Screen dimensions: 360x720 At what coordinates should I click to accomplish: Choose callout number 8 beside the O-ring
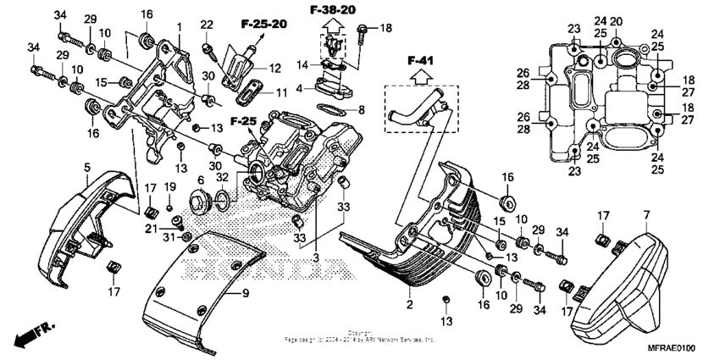pyautogui.click(x=362, y=109)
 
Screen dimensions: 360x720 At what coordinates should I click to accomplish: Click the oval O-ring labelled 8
pyautogui.click(x=332, y=109)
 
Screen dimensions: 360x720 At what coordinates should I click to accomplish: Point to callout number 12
pyautogui.click(x=274, y=67)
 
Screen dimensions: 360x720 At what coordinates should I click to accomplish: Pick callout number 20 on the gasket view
pyautogui.click(x=616, y=20)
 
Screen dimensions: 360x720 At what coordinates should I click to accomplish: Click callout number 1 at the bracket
pyautogui.click(x=180, y=27)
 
